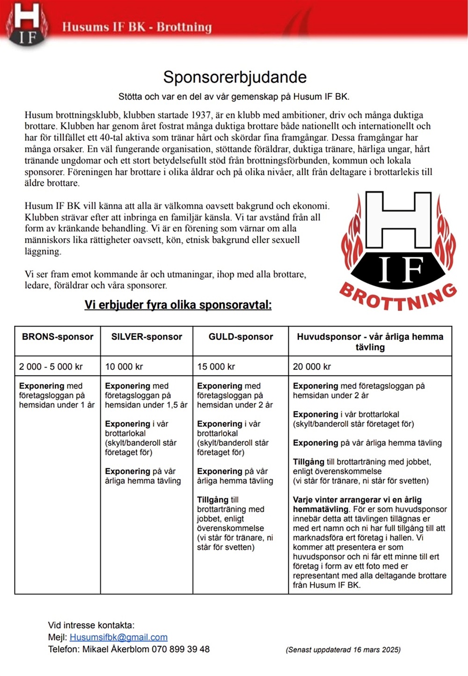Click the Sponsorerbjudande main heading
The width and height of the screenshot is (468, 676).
pyautogui.click(x=234, y=77)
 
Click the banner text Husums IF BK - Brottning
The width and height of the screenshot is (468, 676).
pyautogui.click(x=137, y=27)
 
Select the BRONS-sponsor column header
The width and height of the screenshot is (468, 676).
pyautogui.click(x=58, y=337)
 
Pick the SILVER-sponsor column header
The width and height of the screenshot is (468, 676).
pyautogui.click(x=146, y=337)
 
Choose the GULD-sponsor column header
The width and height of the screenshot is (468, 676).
pyautogui.click(x=241, y=337)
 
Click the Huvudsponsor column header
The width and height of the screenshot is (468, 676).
pyautogui.click(x=370, y=342)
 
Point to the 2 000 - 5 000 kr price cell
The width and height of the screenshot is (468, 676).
pyautogui.click(x=51, y=367)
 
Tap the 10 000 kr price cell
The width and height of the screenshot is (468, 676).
pyautogui.click(x=124, y=367)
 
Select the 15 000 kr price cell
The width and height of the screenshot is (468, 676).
pyautogui.click(x=216, y=367)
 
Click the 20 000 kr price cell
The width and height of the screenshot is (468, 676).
pyautogui.click(x=312, y=367)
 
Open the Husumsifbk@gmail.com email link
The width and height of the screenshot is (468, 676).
pyautogui.click(x=118, y=637)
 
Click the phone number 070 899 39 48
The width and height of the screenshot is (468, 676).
pyautogui.click(x=181, y=649)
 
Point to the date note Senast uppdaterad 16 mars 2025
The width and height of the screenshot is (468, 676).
pyautogui.click(x=343, y=650)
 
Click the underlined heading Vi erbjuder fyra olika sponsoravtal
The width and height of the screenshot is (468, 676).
pyautogui.click(x=178, y=305)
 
